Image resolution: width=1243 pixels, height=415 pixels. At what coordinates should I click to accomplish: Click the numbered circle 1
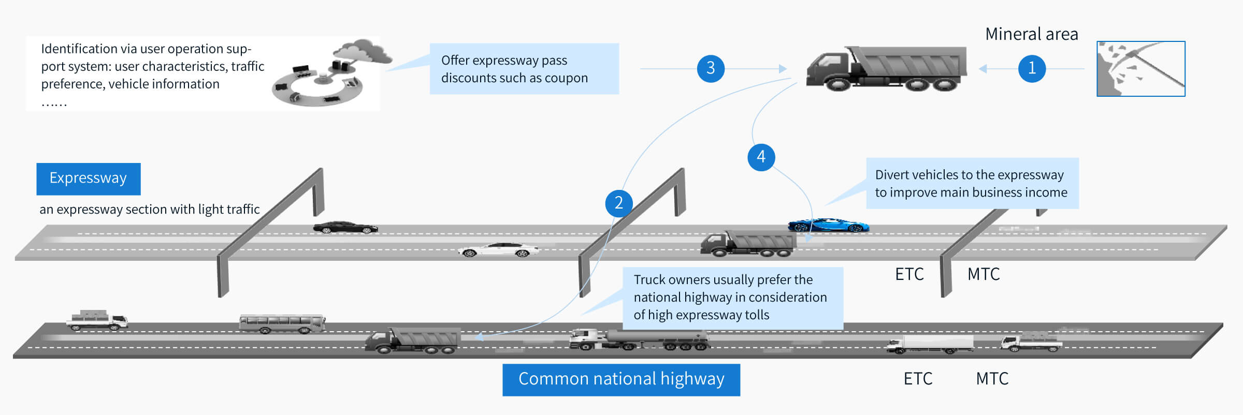1032,68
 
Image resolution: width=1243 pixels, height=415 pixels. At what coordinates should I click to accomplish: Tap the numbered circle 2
619,203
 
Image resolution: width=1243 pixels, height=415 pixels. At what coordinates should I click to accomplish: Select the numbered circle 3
711,68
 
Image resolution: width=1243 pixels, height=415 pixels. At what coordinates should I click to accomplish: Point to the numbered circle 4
761,157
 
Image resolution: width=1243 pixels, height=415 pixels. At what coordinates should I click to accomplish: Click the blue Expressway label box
89,179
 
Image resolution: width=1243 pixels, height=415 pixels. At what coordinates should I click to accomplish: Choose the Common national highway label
621,380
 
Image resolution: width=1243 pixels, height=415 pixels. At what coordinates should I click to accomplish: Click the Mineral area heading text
1031,34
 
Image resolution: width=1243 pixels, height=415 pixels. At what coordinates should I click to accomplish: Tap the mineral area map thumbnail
1141,69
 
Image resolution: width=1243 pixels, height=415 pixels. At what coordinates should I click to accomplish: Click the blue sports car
828,225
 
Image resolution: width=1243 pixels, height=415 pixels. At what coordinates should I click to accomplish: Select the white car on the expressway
498,250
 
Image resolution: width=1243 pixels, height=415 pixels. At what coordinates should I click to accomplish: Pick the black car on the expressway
345,227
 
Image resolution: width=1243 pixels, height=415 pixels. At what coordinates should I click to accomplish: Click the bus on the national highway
282,323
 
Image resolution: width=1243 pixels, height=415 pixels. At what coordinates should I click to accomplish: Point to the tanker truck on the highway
640,339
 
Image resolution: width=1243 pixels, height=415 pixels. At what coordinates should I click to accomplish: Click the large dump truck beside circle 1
886,68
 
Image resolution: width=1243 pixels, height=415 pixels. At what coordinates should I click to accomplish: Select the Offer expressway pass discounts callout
524,69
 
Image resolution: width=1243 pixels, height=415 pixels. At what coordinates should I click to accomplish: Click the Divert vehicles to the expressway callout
972,183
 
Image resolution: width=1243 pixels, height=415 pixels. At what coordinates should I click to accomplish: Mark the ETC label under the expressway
909,274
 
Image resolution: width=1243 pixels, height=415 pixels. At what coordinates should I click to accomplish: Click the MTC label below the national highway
992,379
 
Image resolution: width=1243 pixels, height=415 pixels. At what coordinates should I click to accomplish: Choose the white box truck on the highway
930,344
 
